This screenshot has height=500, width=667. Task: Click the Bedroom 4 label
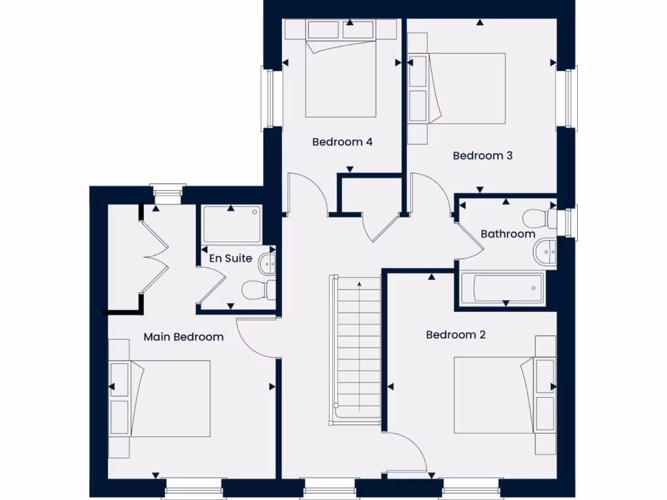pos(342,141)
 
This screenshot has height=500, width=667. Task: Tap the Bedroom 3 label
pos(483,156)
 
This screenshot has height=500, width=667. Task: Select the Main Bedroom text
pos(183,337)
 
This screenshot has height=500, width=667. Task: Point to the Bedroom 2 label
pos(456,335)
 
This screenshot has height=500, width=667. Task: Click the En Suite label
pos(231,258)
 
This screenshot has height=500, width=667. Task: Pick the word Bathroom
pos(508,234)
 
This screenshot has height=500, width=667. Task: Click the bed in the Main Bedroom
pos(169,398)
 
